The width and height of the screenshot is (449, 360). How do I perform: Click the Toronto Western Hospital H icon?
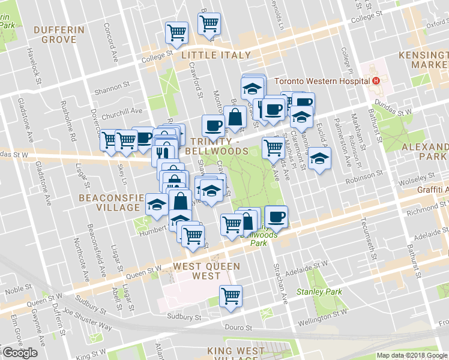coord(376,81)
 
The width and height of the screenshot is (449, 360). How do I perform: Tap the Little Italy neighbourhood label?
coord(216,55)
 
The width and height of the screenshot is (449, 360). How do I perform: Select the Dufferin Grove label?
coord(59,35)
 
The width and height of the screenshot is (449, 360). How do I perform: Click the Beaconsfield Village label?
coord(109,202)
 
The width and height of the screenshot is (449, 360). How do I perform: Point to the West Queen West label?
coord(206,272)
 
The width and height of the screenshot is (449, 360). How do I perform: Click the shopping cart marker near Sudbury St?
coord(231,296)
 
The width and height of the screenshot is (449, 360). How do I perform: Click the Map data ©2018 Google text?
coord(412,355)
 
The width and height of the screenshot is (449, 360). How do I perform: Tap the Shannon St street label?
coord(112,92)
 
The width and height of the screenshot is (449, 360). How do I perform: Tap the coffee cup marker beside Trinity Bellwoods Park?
coord(276,217)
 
